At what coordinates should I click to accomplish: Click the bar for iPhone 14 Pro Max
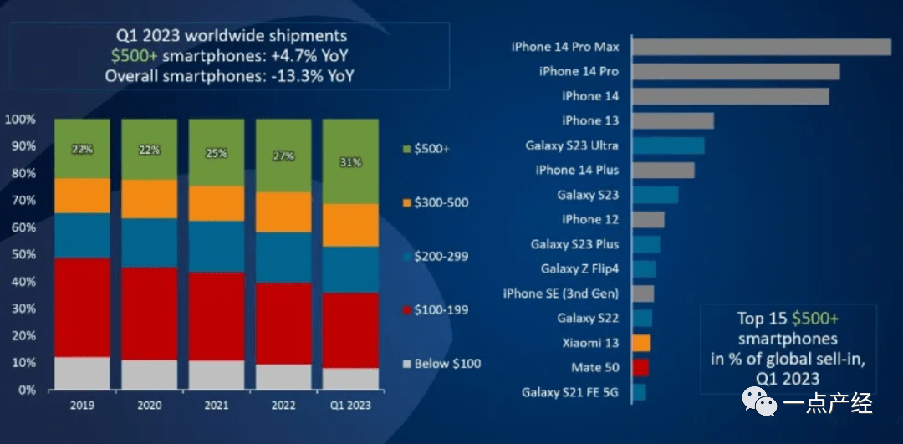point(762,47)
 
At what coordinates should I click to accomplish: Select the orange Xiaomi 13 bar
point(641,343)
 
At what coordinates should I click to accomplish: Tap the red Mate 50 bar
point(640,367)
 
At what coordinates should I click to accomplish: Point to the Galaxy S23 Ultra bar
point(668,145)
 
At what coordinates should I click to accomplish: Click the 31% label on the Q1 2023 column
point(350,162)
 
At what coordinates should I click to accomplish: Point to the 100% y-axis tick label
point(20,119)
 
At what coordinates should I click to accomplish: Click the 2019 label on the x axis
point(81,406)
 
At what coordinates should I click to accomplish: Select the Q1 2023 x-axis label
point(350,406)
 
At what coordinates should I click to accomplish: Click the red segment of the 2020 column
point(149,314)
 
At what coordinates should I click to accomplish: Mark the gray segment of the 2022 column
point(283,377)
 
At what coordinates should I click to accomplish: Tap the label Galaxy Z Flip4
point(579,268)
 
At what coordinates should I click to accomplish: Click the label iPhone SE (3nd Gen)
point(560,293)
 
